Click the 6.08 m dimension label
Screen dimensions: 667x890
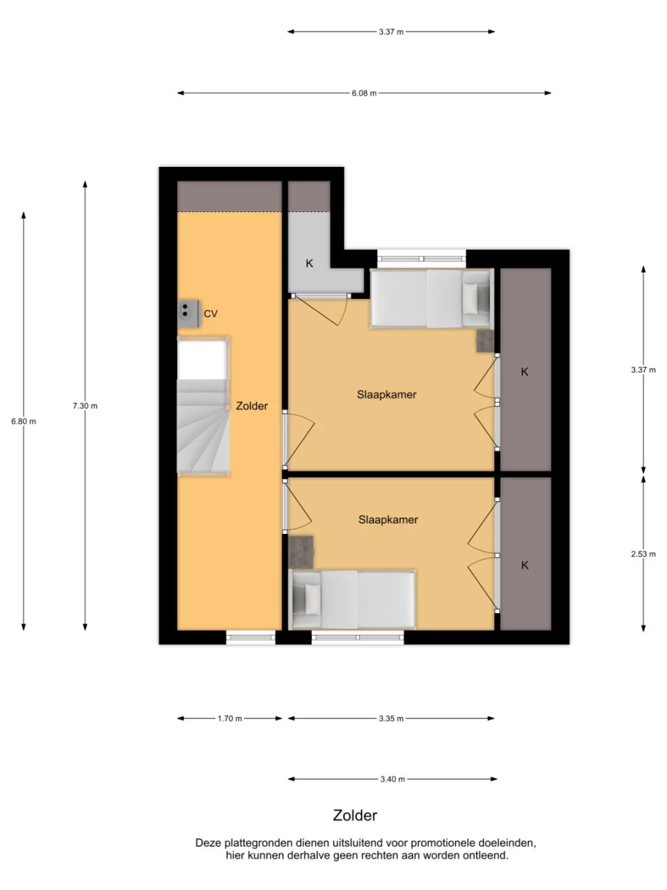tap(363, 93)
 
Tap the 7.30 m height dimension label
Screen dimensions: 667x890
tap(85, 406)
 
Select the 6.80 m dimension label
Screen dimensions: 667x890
tap(24, 421)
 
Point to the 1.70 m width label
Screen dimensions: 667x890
tap(229, 718)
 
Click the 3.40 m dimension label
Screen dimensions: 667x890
tap(393, 779)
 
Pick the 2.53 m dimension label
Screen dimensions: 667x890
tap(643, 554)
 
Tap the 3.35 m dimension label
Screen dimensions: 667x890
tap(390, 718)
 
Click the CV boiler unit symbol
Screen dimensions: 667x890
tap(188, 314)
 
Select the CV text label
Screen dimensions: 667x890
tap(211, 314)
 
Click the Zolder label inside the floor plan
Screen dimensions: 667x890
tap(252, 406)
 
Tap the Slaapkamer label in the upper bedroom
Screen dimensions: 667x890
tap(386, 394)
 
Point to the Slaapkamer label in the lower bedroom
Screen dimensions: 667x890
tap(388, 520)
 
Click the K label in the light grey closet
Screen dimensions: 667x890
tap(309, 264)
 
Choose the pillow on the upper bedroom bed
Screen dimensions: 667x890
tap(471, 298)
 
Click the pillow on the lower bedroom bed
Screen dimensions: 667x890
tap(312, 599)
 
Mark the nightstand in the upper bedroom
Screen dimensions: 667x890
tap(485, 341)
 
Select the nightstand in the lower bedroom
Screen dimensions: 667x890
tap(301, 552)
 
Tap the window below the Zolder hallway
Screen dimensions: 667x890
tap(251, 638)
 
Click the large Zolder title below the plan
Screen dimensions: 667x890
tap(355, 816)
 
